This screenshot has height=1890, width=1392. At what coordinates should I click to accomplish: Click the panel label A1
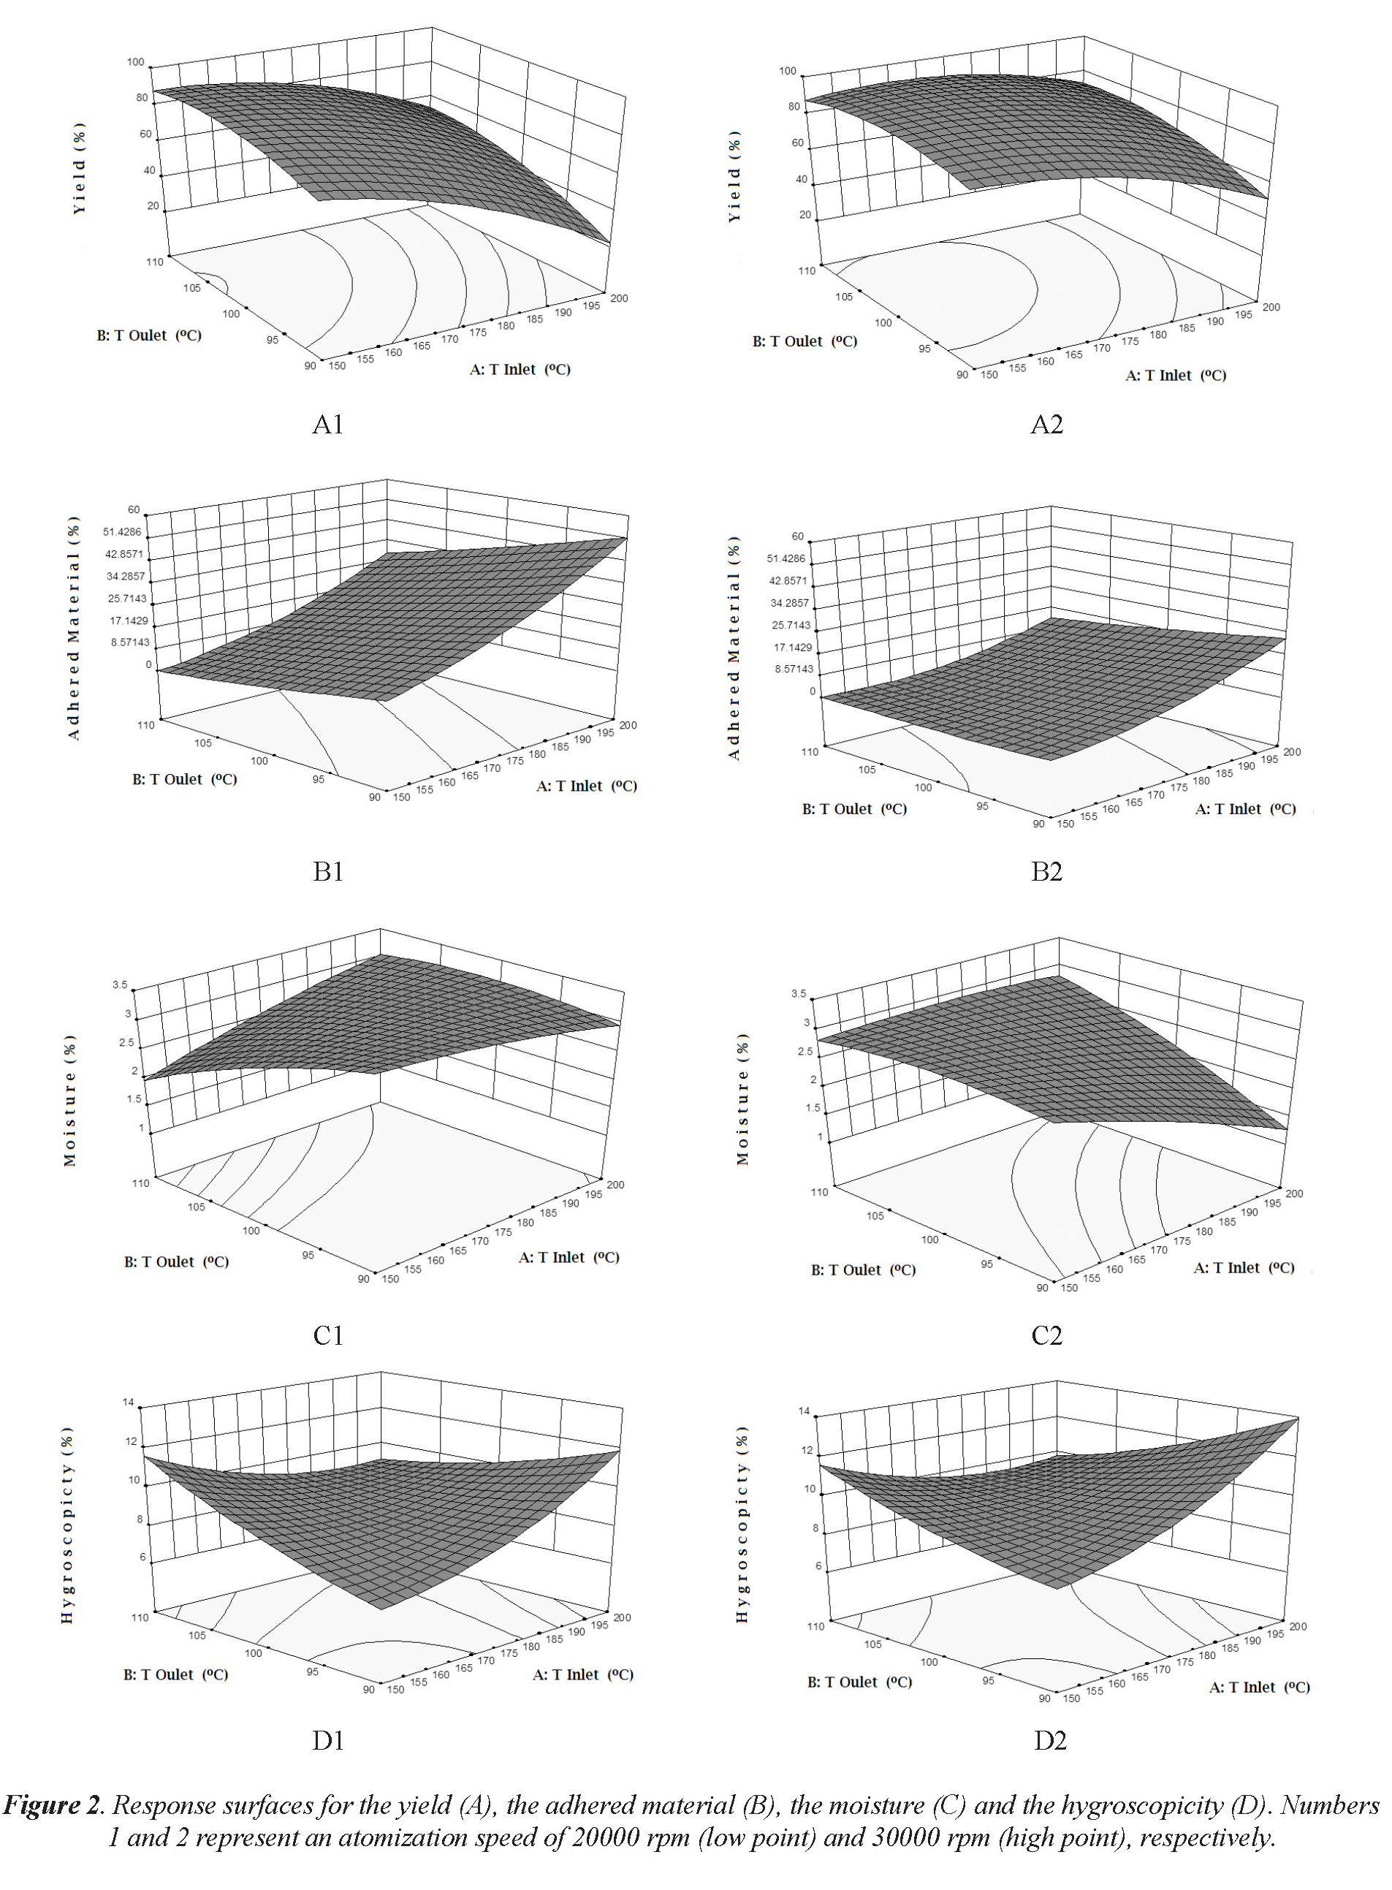(x=328, y=425)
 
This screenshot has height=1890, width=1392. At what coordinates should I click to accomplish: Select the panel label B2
(x=1046, y=871)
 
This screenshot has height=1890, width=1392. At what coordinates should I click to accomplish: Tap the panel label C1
(x=328, y=1335)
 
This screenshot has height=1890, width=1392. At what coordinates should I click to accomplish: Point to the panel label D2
(x=1050, y=1741)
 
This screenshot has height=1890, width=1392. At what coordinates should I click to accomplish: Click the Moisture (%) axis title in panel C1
(x=70, y=1101)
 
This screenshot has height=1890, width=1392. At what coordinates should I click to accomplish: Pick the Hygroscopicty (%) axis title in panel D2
(x=742, y=1525)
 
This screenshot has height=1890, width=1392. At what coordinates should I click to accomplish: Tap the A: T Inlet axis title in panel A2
(x=1176, y=375)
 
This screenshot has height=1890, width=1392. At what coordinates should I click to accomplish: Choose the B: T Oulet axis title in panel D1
(x=175, y=1674)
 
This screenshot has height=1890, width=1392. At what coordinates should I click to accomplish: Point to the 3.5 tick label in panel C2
(x=798, y=994)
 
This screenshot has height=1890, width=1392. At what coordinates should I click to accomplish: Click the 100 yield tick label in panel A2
(x=787, y=72)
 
